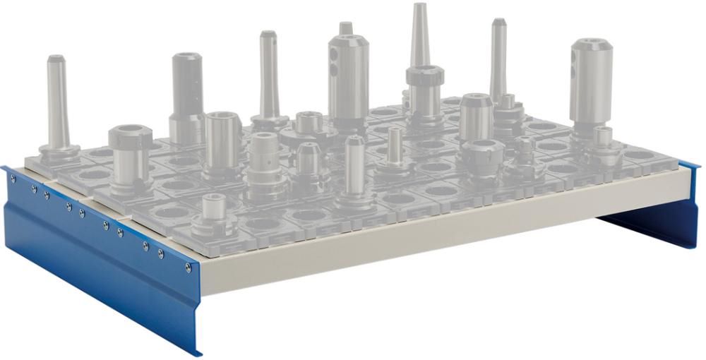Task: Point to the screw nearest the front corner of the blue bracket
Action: click(x=187, y=268)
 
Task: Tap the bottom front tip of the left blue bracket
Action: click(x=198, y=352)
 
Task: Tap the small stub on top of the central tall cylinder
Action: click(x=345, y=28)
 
